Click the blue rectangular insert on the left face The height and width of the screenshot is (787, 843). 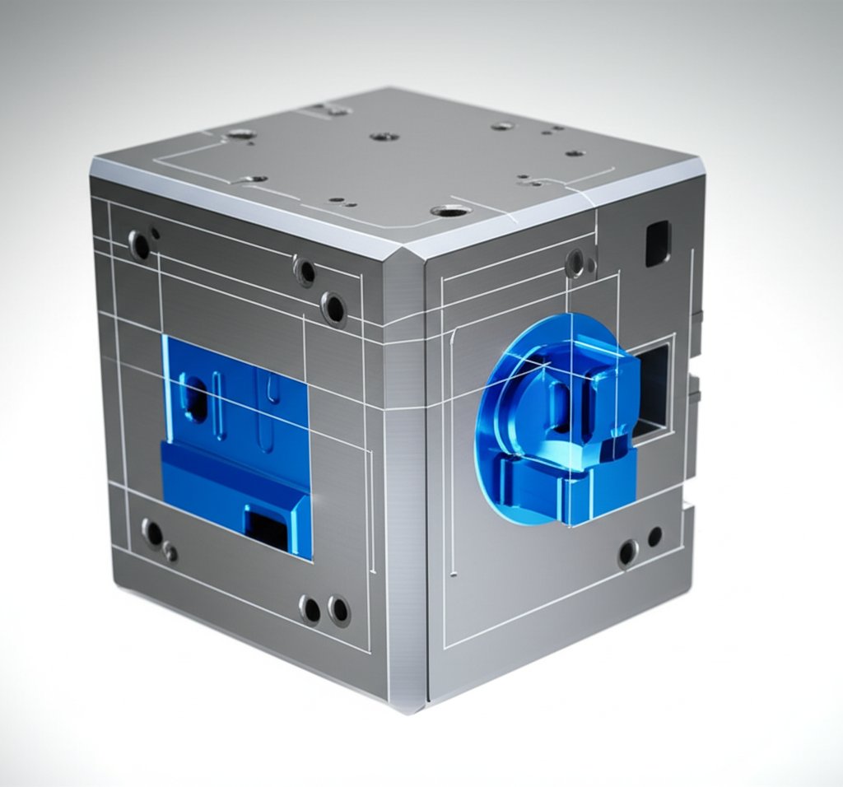tap(235, 445)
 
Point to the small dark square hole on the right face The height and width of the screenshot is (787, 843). tap(657, 243)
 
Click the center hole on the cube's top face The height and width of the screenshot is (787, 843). tap(384, 137)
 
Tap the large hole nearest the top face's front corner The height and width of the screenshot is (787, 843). tap(450, 212)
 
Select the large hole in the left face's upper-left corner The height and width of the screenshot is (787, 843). tap(140, 244)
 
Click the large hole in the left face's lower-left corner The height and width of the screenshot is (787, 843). tap(152, 533)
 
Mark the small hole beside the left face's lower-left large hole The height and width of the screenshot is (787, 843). tap(170, 552)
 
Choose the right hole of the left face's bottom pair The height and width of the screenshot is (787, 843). tap(338, 610)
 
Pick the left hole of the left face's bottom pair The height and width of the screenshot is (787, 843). tap(310, 609)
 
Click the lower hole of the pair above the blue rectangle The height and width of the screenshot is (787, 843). tap(333, 308)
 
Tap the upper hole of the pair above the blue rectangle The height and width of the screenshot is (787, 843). tap(305, 270)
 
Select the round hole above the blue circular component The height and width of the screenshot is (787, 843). tap(575, 263)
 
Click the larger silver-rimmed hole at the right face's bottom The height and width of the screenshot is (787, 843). tap(627, 552)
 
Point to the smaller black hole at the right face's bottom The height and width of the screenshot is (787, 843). tap(654, 537)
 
